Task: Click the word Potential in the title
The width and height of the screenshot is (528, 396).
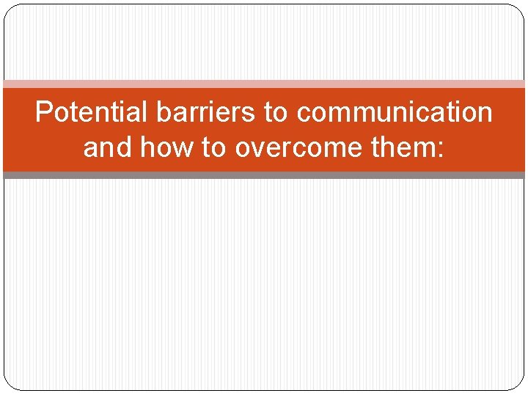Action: tap(92, 113)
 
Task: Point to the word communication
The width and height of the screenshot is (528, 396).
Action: tap(395, 113)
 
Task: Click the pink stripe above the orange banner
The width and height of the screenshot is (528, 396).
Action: tap(264, 84)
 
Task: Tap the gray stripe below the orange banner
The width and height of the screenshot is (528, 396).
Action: tap(264, 175)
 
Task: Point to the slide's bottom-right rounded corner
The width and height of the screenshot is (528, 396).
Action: tap(519, 384)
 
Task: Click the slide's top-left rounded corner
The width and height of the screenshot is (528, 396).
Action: tap(10, 10)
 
